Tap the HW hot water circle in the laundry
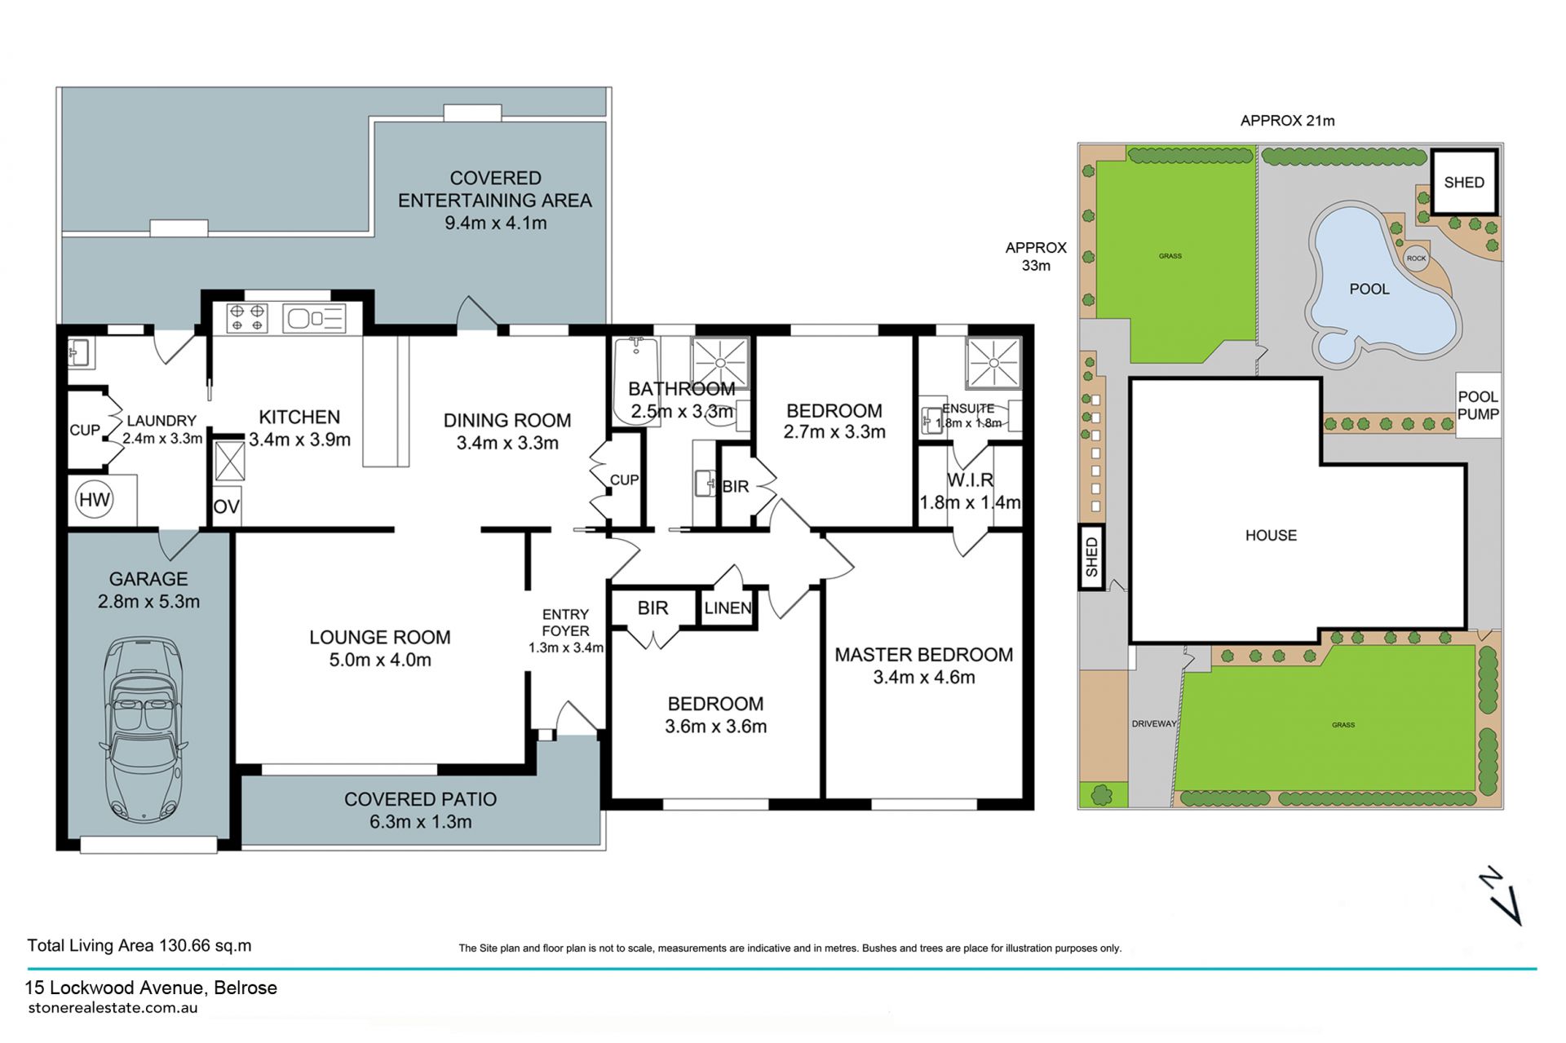(x=94, y=499)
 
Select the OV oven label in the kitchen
(x=226, y=506)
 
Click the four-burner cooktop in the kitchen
(x=246, y=317)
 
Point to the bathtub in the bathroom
(x=635, y=380)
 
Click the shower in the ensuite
(x=993, y=362)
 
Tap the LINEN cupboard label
(x=728, y=608)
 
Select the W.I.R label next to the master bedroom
(x=970, y=480)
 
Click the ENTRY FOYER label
(x=565, y=622)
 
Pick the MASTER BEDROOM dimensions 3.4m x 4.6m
(x=924, y=677)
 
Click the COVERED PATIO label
(x=420, y=799)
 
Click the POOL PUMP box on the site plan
(x=1478, y=405)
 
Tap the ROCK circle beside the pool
(x=1416, y=259)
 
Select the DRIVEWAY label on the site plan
(x=1154, y=723)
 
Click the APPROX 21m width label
(x=1287, y=121)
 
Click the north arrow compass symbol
(x=1501, y=895)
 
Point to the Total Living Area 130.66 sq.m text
(x=139, y=945)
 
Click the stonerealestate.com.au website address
(x=113, y=1007)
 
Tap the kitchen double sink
(x=314, y=318)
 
